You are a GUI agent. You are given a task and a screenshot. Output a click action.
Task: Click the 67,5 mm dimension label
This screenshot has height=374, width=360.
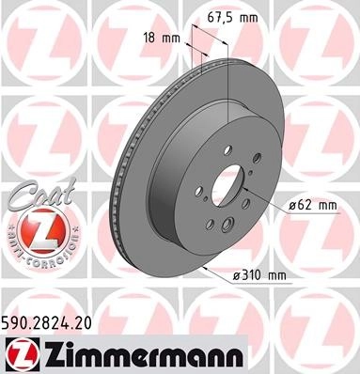(233, 18)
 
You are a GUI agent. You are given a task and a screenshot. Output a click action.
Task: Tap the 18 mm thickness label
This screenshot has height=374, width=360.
(162, 39)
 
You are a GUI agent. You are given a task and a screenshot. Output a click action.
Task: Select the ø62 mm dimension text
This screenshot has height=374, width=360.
(313, 206)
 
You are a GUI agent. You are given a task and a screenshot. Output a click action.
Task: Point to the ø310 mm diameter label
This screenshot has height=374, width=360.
(259, 275)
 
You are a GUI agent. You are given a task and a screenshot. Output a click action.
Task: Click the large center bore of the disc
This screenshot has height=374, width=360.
(227, 186)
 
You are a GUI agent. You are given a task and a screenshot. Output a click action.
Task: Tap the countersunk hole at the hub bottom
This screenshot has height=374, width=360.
(227, 226)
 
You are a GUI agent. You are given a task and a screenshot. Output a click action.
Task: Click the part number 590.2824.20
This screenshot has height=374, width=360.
(47, 323)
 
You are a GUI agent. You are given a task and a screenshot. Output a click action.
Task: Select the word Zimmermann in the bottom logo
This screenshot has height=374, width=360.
(143, 354)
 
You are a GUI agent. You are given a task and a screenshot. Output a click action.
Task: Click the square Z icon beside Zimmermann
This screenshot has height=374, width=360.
(23, 354)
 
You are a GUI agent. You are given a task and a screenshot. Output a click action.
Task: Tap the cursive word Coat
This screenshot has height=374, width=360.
(41, 195)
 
